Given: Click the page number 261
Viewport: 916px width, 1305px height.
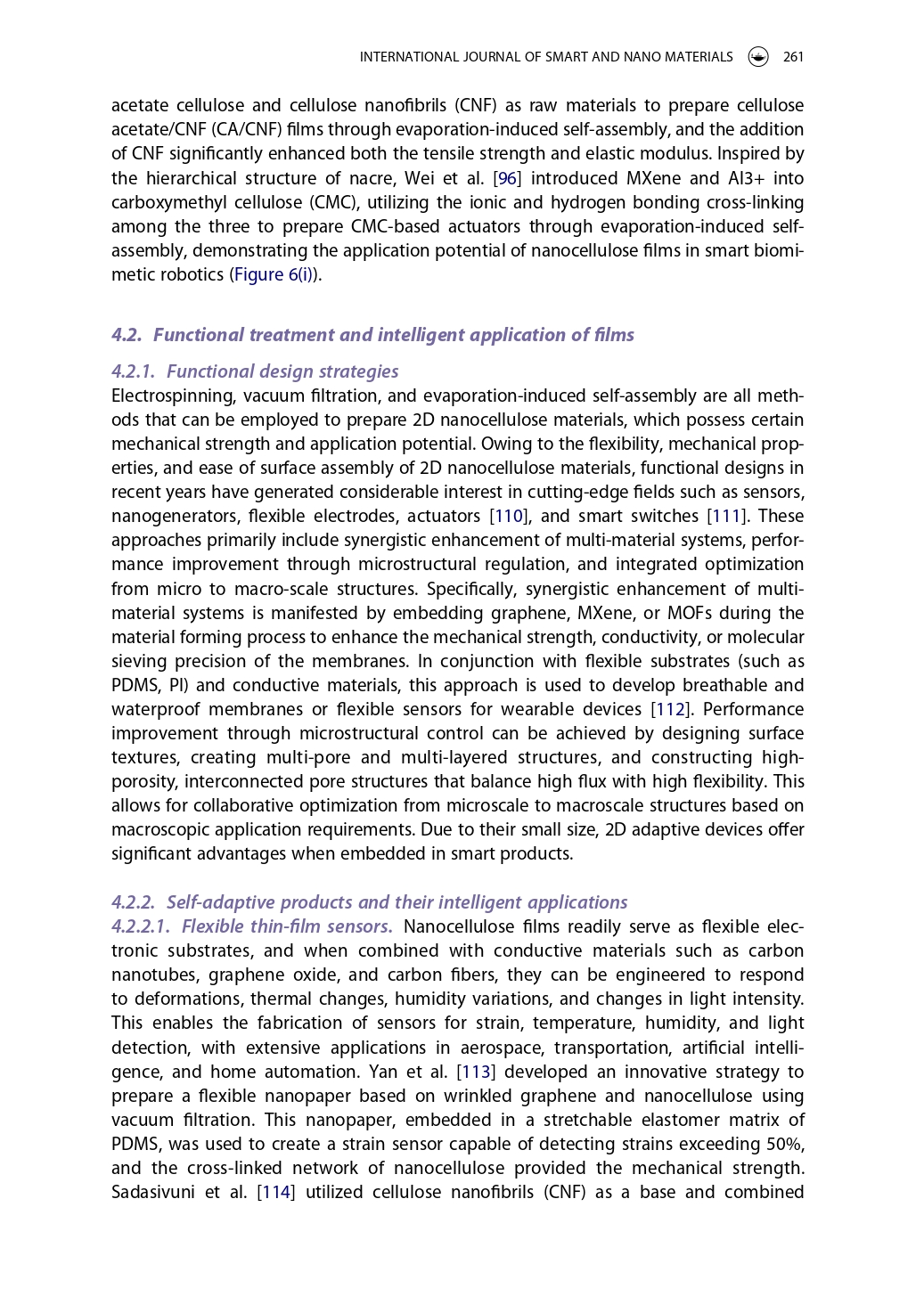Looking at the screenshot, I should click(x=793, y=57).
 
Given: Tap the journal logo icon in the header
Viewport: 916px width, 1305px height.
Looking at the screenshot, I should click(x=758, y=57).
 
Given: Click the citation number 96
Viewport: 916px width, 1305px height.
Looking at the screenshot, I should click(x=507, y=178).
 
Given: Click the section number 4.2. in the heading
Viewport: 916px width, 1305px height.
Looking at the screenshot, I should click(x=127, y=335).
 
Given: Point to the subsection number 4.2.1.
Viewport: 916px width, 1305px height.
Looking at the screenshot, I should click(x=134, y=371).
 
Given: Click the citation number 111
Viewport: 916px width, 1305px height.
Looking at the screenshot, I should click(x=726, y=516).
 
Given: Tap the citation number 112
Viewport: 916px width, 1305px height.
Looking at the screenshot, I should click(x=670, y=709).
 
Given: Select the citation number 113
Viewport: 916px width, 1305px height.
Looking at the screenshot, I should click(x=475, y=1072).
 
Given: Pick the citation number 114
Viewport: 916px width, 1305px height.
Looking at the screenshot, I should click(x=275, y=1192).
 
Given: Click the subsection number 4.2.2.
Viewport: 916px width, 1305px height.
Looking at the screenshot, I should click(x=134, y=902).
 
